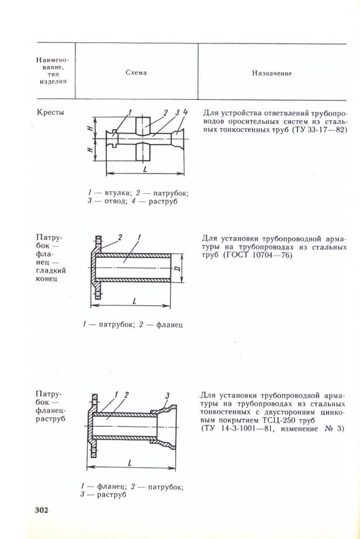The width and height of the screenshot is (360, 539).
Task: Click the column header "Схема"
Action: (x=136, y=73)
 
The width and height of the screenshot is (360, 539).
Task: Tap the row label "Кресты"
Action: (x=50, y=113)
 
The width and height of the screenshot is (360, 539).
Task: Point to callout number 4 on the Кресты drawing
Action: (x=185, y=112)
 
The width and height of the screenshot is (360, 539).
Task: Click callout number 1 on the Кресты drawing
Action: (x=130, y=112)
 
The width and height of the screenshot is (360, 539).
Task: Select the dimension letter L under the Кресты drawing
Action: (x=146, y=169)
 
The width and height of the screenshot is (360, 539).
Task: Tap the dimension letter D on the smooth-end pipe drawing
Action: (x=177, y=267)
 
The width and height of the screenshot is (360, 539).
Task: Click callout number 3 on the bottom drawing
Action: (x=168, y=396)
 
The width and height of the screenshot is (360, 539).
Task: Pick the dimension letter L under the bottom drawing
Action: (x=131, y=462)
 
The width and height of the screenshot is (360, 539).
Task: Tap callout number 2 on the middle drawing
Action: (x=120, y=237)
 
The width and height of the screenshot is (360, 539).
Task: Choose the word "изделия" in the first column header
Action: (x=53, y=82)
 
